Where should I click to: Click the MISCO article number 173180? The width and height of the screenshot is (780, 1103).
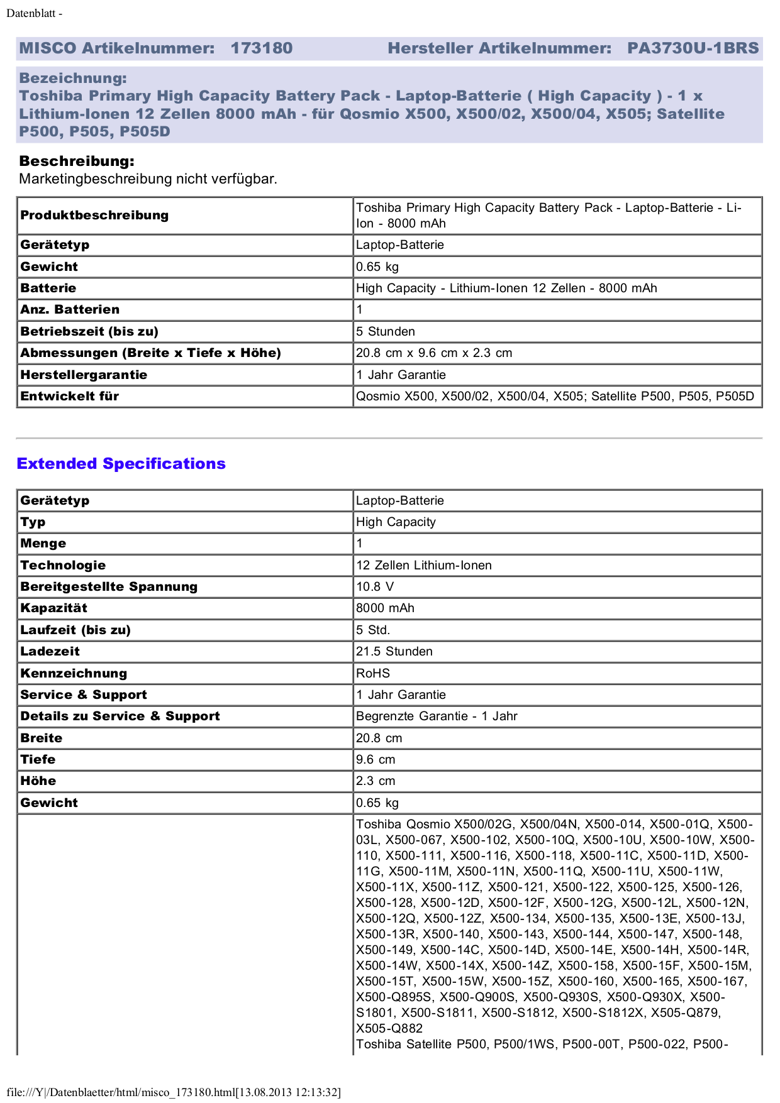[261, 48]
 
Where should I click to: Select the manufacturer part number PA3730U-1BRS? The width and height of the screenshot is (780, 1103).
[693, 48]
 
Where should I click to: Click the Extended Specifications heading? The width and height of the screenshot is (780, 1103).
[121, 464]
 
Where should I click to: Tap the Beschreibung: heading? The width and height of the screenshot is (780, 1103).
[77, 161]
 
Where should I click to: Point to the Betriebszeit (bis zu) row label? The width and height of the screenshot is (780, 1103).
[89, 331]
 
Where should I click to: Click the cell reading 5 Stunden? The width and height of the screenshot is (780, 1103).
[386, 331]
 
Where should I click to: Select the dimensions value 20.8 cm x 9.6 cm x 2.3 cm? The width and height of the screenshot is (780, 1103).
[434, 353]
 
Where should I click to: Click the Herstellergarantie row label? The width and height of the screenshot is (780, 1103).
[84, 375]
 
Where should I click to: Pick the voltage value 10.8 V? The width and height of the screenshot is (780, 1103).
[375, 586]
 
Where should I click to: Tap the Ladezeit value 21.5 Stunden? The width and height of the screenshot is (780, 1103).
[394, 651]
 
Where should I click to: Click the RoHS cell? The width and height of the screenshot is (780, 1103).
[373, 673]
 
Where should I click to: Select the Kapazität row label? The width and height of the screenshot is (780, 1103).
[53, 608]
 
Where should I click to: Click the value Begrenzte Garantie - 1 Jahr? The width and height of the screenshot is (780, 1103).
[437, 716]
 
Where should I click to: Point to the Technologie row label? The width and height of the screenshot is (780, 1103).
[63, 565]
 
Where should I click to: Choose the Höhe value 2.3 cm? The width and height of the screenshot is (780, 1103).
[376, 781]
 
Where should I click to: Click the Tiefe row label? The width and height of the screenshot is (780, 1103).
[38, 759]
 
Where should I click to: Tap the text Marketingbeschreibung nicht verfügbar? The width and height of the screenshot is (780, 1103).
[148, 179]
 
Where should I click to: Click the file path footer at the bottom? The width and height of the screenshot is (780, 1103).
[174, 1092]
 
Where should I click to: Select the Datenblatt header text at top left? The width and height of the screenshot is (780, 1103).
[34, 13]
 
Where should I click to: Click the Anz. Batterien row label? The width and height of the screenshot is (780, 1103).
[70, 309]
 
